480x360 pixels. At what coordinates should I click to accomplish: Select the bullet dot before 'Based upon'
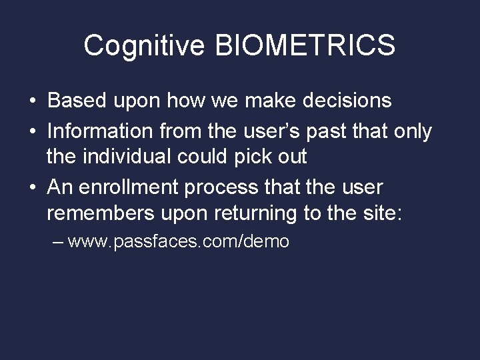click(x=33, y=101)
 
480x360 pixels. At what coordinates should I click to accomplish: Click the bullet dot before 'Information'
click(x=33, y=129)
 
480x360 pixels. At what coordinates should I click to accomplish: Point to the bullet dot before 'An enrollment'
click(x=33, y=187)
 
